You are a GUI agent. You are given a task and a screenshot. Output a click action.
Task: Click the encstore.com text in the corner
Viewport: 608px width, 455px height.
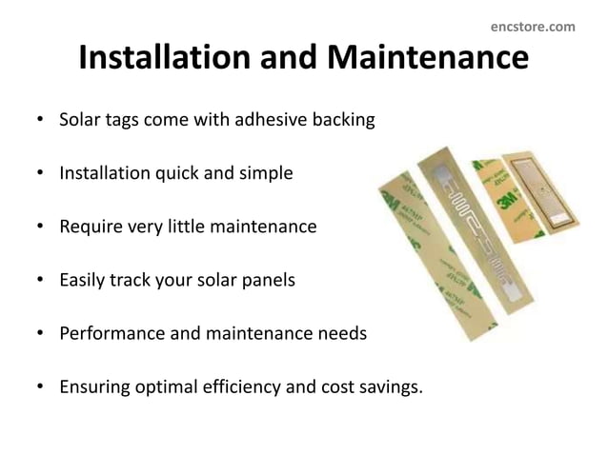[x=533, y=27]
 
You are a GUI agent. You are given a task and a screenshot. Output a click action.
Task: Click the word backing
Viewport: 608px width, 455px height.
[x=340, y=122]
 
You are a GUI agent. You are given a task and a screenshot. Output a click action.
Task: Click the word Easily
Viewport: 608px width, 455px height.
[x=84, y=281]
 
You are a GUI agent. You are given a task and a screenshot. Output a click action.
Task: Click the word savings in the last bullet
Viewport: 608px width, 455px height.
[x=386, y=387]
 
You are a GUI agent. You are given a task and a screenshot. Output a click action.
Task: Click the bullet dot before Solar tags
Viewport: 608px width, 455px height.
[x=39, y=123]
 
